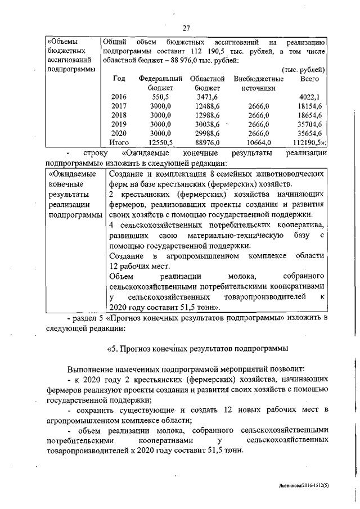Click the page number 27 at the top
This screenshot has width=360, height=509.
click(186, 28)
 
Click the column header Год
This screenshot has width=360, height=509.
click(119, 79)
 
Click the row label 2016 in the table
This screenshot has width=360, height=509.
click(119, 97)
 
